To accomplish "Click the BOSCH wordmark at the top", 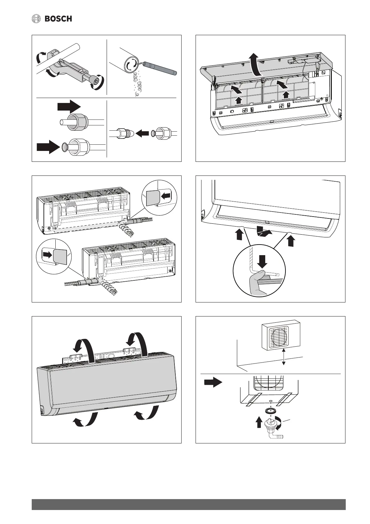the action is pos(58,19).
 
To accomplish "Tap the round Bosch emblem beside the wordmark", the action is pos(37,19).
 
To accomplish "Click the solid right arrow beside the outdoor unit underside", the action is pos(213,382).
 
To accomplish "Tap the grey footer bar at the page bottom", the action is pos(188,504).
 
